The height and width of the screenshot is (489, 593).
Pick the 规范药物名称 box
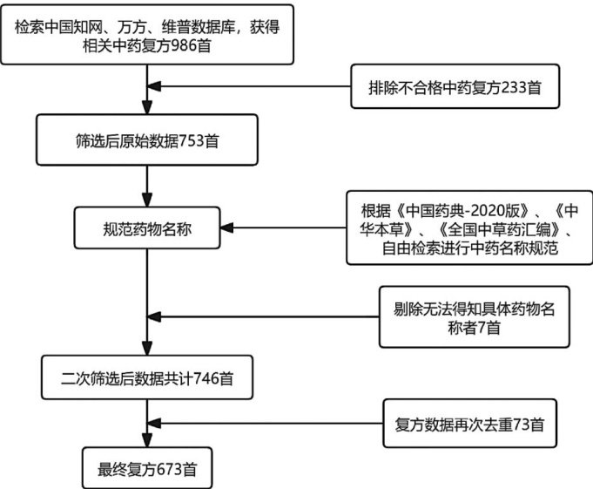(147, 228)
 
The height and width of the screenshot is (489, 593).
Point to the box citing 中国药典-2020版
(469, 228)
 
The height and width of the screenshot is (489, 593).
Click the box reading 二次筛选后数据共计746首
(147, 379)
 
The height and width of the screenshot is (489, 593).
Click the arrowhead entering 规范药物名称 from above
(147, 200)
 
